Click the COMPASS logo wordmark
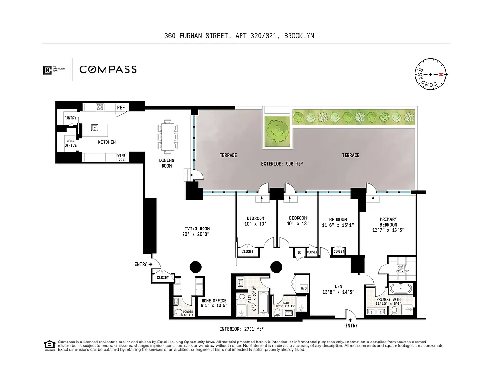108,70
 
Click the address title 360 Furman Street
239,36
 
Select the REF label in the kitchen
121,108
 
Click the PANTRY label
70,118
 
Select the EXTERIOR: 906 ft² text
282,164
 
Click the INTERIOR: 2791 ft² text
241,329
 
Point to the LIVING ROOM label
196,231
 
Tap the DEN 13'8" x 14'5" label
338,289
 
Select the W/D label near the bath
303,288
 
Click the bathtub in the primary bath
401,288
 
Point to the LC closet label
299,252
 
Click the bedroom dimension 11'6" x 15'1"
338,225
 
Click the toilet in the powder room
178,312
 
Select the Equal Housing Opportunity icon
48,345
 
